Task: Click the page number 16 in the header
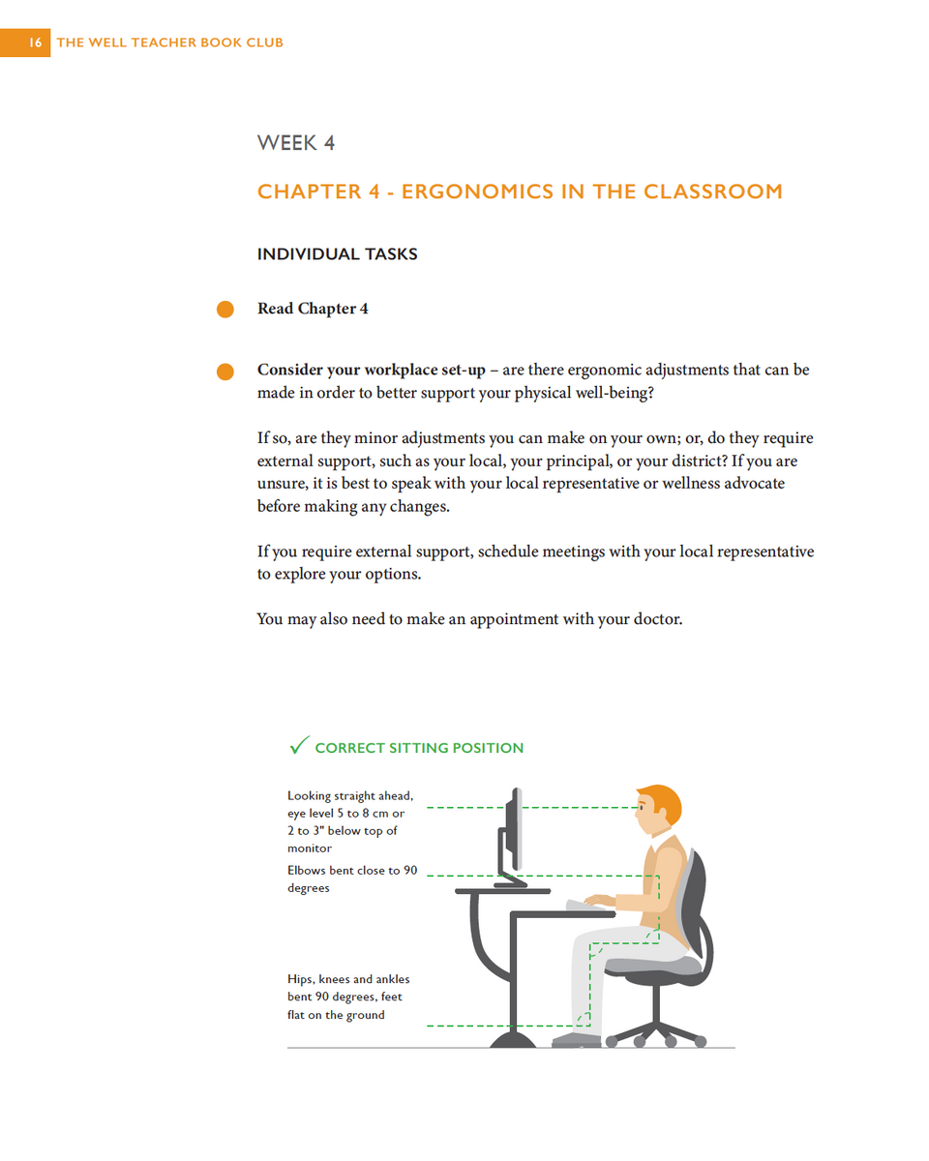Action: [x=35, y=43]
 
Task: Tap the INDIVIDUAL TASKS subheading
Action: [x=337, y=254]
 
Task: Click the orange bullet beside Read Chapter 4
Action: [x=225, y=310]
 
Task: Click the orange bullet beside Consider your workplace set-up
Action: [x=225, y=372]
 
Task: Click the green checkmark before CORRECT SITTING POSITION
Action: [x=299, y=746]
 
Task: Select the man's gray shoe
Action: [x=577, y=1040]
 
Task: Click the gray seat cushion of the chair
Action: [x=658, y=964]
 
